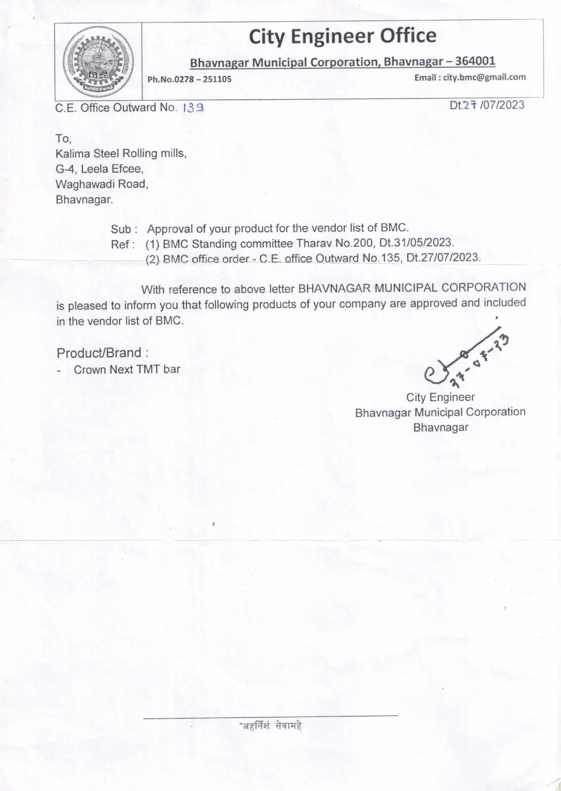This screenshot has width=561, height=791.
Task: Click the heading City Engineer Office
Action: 342,36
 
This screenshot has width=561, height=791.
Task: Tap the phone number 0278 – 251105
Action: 202,79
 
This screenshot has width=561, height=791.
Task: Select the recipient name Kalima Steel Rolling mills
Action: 121,153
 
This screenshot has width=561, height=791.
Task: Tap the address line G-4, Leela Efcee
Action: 100,169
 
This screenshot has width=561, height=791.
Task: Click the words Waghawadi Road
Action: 102,184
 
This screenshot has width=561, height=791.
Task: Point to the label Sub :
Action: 124,229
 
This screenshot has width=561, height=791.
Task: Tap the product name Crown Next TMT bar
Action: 127,369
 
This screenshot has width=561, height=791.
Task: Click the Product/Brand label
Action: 103,353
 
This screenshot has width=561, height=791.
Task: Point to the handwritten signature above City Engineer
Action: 465,361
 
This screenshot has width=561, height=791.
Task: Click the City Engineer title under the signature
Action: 440,397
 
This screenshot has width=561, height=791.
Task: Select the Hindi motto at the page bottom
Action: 271,726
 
